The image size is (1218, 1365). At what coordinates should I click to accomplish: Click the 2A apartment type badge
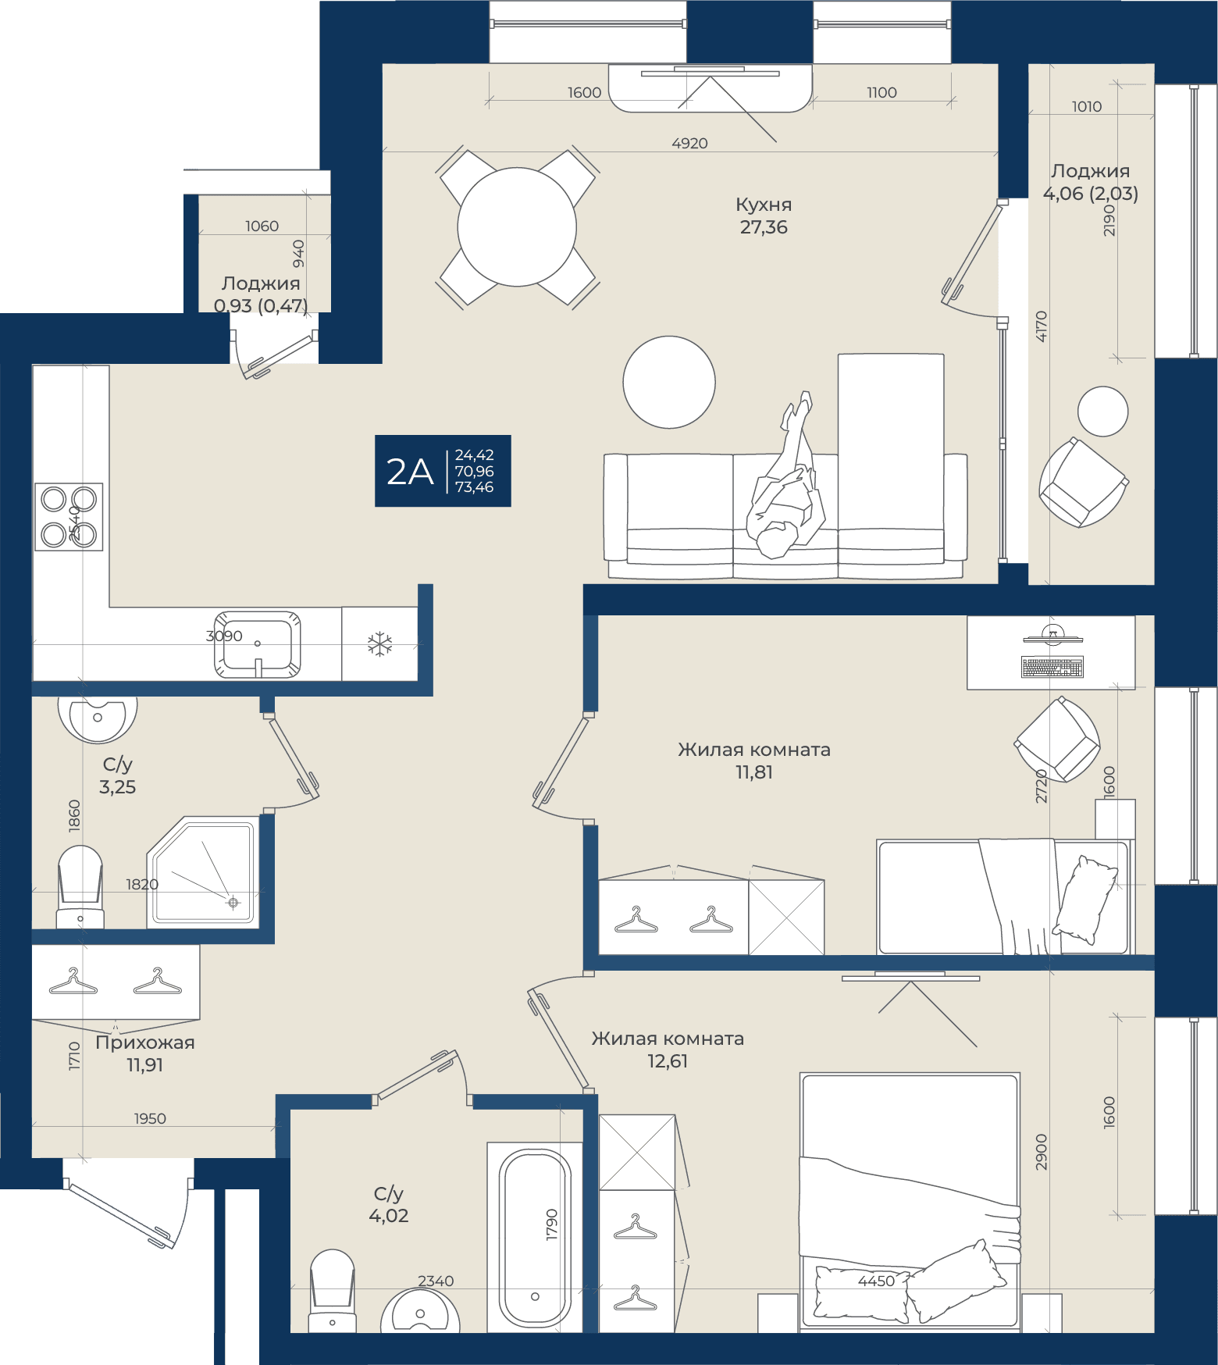click(443, 471)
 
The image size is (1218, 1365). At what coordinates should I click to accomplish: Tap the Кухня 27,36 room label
click(764, 216)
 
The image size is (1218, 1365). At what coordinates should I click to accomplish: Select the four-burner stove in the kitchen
click(69, 516)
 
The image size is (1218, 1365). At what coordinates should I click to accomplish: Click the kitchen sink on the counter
click(258, 644)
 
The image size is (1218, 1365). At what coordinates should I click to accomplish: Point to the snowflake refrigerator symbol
click(380, 644)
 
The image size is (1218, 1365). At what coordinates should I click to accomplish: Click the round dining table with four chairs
click(517, 227)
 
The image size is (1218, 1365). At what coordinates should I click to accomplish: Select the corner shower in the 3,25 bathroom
click(203, 871)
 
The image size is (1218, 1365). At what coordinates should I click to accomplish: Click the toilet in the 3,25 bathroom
click(80, 886)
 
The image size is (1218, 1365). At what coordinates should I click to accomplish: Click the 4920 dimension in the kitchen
click(690, 144)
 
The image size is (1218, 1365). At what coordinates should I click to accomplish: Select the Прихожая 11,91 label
click(145, 1053)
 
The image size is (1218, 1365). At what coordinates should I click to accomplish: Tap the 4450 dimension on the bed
click(876, 1281)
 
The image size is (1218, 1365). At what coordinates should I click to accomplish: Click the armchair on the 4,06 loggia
click(1083, 482)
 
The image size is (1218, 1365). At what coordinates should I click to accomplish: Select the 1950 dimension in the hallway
click(150, 1119)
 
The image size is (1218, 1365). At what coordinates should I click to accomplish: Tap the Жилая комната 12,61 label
click(668, 1050)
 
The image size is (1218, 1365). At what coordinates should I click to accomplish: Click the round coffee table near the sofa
click(669, 382)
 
